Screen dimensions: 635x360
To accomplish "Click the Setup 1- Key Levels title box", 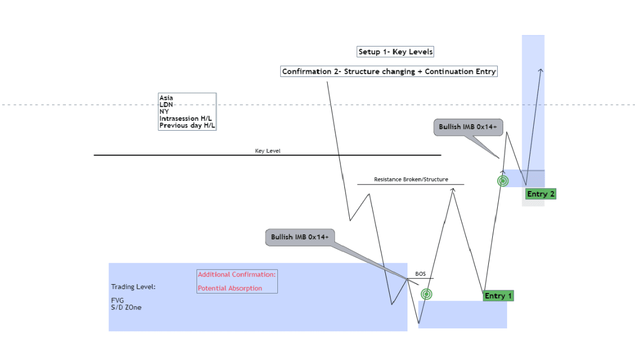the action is point(395,52).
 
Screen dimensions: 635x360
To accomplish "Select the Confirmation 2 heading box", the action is point(389,71).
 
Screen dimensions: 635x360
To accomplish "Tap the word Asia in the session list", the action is point(166,98).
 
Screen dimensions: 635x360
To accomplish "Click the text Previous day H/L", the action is point(187,126).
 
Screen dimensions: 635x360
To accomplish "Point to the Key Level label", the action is point(268,151).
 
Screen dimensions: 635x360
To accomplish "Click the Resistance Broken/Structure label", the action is point(411,179).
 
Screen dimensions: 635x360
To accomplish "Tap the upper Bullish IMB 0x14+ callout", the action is point(468,127).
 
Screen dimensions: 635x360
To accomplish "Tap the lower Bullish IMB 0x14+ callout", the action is point(300,237).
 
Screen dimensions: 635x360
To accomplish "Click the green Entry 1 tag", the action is point(498,296).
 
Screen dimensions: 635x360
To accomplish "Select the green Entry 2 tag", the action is point(541,194).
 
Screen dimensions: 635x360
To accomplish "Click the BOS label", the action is point(420,274).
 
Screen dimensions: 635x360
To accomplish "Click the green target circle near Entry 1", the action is point(426,295).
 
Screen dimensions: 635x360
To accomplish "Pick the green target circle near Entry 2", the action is point(503,181).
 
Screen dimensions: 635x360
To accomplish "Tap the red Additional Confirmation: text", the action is point(236,275).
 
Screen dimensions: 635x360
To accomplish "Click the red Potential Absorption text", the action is point(230,289).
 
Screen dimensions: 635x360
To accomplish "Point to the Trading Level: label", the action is point(133,287).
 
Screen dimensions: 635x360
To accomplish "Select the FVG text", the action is point(117,301).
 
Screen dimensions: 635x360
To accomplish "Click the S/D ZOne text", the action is point(126,307).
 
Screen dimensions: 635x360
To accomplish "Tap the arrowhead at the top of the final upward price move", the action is point(541,70).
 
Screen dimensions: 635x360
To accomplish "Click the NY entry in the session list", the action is point(164,112).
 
